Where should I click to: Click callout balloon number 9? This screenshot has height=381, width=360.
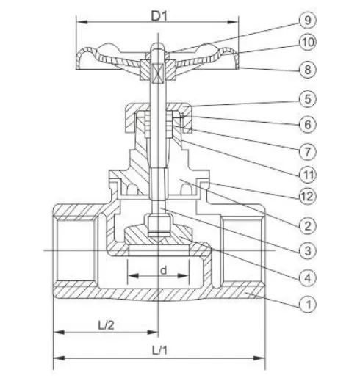pos(308,21)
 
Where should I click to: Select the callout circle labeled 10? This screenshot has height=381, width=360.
pos(308,42)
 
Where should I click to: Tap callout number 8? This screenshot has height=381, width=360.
pos(308,70)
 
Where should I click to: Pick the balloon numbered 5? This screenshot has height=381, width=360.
pos(308,99)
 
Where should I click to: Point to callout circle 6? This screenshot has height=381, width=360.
pos(308,125)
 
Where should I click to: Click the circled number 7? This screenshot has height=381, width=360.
pos(308,152)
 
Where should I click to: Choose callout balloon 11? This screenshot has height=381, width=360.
pos(308,175)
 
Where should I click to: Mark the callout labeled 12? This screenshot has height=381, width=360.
pos(308,197)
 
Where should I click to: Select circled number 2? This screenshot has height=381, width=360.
pos(308,226)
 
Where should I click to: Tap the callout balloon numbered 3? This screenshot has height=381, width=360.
pos(308,251)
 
